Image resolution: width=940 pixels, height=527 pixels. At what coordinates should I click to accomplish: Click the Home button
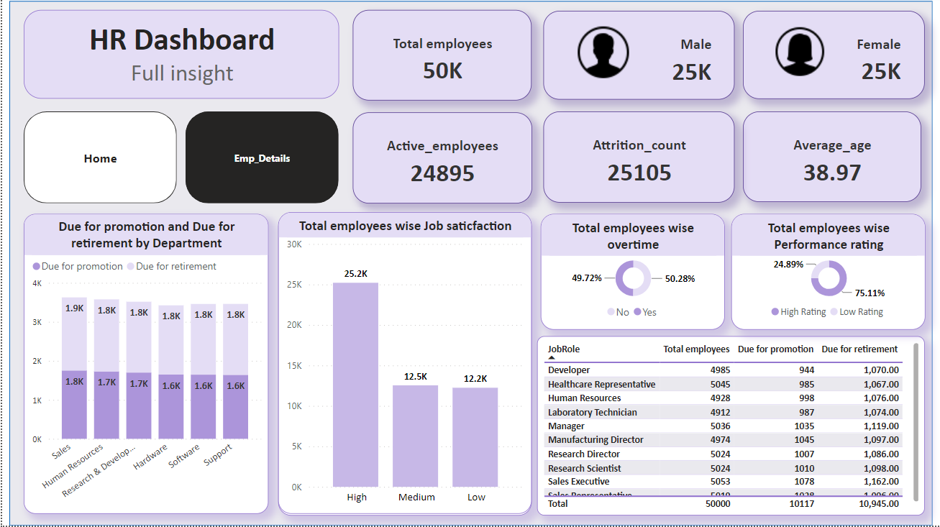coord(100,158)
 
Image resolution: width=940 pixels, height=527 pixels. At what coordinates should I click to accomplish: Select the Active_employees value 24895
coord(442,173)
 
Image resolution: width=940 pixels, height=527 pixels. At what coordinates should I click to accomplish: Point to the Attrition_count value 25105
coord(639,173)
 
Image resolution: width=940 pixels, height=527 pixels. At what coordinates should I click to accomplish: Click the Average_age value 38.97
coord(831,173)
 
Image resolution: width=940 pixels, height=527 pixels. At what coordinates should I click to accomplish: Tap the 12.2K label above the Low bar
coord(475,378)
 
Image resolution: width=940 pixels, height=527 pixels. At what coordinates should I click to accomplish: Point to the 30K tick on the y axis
coord(294,244)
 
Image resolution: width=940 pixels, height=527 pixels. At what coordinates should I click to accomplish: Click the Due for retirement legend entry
coord(172,267)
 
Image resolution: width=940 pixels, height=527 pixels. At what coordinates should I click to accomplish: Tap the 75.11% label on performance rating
coord(870,293)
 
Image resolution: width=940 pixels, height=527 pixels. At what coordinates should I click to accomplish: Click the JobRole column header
coord(564,349)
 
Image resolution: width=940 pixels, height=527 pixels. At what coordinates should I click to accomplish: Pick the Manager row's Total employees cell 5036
coord(719,426)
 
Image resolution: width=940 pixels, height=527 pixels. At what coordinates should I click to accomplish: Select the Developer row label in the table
coord(569,370)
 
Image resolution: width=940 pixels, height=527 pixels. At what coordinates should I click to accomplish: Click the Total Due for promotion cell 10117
coord(797,504)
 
